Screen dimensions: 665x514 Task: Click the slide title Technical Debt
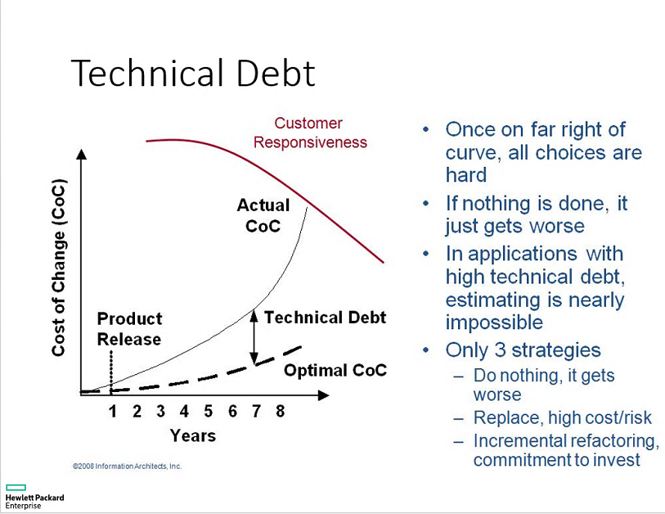point(193,73)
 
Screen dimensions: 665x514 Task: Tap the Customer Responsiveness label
point(310,133)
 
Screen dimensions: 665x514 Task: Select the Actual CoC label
point(263,215)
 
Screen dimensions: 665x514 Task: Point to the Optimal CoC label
point(335,370)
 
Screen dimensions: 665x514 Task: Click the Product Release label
point(129,329)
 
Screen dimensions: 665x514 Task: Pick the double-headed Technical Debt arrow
point(254,337)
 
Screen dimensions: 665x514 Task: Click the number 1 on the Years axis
point(112,411)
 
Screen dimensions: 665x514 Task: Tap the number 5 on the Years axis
point(208,411)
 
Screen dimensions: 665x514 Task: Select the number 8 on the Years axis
point(280,411)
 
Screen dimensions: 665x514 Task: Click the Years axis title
point(192,435)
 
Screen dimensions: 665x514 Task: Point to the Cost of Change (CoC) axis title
point(59,268)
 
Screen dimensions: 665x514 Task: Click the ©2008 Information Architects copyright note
point(127,466)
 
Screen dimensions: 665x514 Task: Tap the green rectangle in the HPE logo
point(16,487)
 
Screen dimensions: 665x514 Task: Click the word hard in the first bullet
point(466,175)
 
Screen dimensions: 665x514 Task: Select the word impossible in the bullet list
point(494,322)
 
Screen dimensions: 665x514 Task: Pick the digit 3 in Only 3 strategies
point(501,350)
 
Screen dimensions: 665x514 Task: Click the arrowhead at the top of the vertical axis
point(82,154)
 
